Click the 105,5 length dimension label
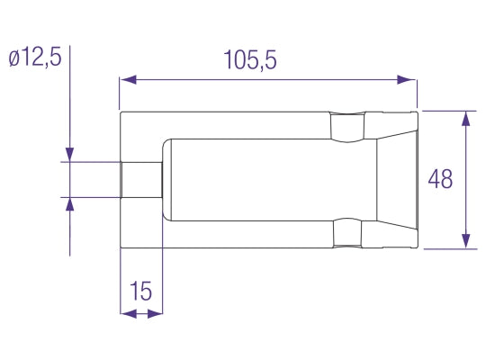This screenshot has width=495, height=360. pyautogui.click(x=250, y=59)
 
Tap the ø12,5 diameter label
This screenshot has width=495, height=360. pyautogui.click(x=35, y=58)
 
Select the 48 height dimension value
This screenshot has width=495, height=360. pyautogui.click(x=440, y=179)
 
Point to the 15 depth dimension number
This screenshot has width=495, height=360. pyautogui.click(x=140, y=291)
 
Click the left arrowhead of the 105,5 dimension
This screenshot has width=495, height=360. pyautogui.click(x=128, y=79)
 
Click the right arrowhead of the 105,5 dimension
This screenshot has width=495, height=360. pyautogui.click(x=406, y=79)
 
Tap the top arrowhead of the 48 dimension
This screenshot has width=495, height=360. pyautogui.click(x=466, y=119)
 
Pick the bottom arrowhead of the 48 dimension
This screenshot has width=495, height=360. pyautogui.click(x=466, y=241)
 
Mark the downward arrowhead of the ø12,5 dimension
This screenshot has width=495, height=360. pyautogui.click(x=70, y=154)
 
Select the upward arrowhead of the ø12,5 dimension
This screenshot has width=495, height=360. pyautogui.click(x=70, y=204)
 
